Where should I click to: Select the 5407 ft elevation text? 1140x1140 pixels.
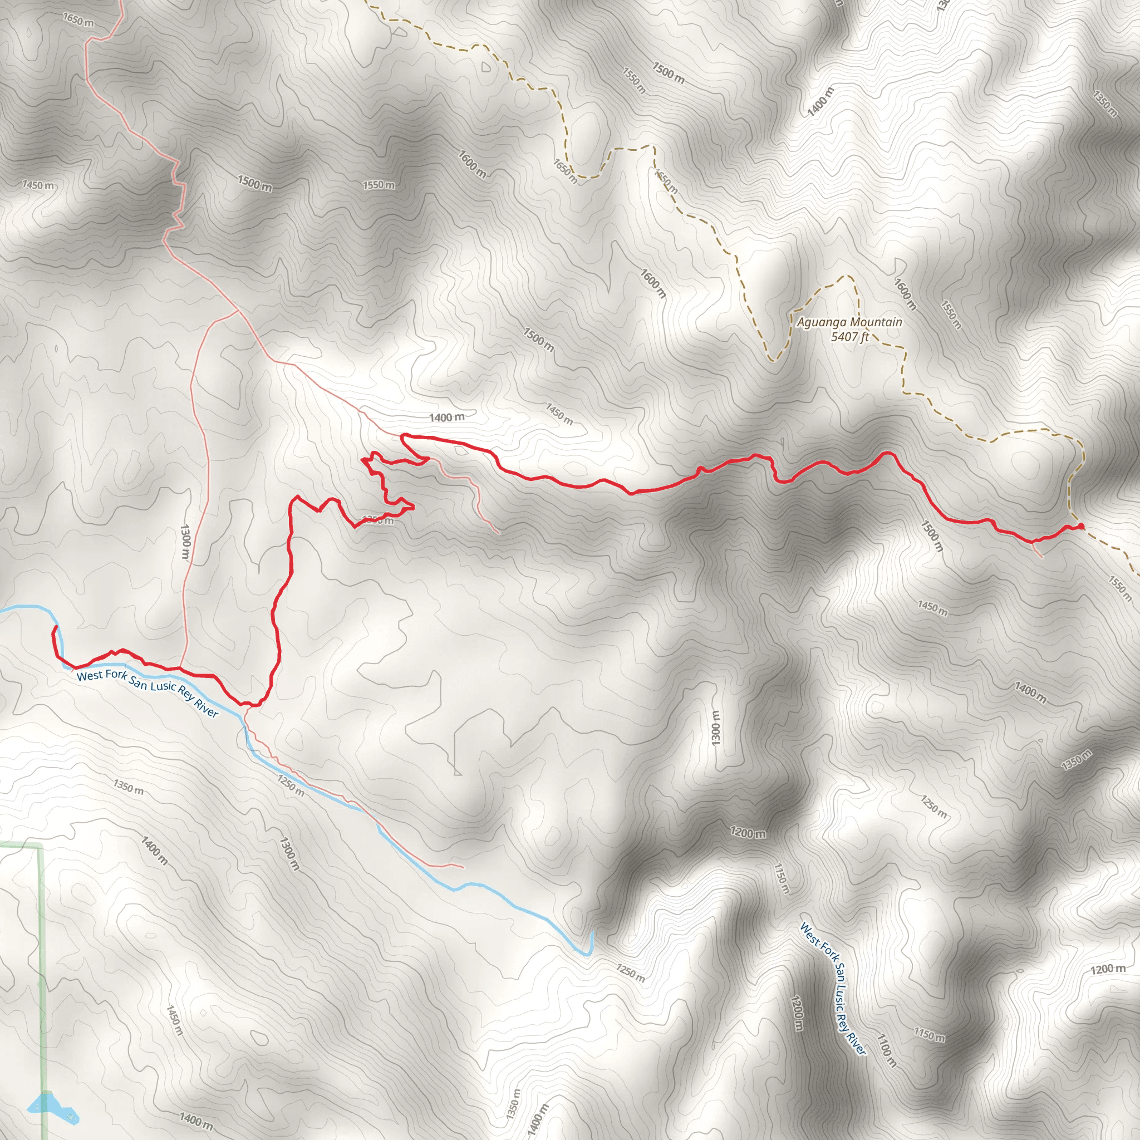[849, 337]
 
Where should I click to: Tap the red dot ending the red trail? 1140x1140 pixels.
[1080, 527]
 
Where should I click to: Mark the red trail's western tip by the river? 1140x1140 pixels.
[55, 627]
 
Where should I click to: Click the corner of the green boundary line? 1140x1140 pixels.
[41, 848]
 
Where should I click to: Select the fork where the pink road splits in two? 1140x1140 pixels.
[238, 311]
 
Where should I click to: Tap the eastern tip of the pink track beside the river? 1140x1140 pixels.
[463, 867]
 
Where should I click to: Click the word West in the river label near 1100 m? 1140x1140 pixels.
[810, 935]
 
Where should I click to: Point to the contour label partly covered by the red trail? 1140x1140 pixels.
[377, 520]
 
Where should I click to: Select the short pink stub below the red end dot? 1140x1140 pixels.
[1036, 550]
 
